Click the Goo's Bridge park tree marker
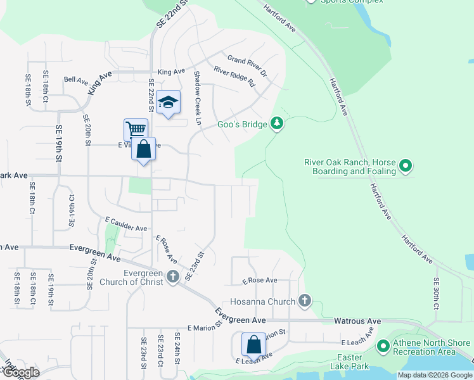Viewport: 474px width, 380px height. point(276,123)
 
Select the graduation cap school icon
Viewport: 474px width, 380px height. point(169,103)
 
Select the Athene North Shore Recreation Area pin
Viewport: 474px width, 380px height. point(383,346)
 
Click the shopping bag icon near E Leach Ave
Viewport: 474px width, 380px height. point(253,345)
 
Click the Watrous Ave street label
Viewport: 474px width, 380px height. point(357,322)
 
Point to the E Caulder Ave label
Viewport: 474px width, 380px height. point(126,224)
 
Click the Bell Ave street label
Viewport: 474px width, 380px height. point(76,80)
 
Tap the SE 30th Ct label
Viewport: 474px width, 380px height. point(437,293)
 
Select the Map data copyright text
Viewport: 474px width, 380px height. point(434,375)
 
